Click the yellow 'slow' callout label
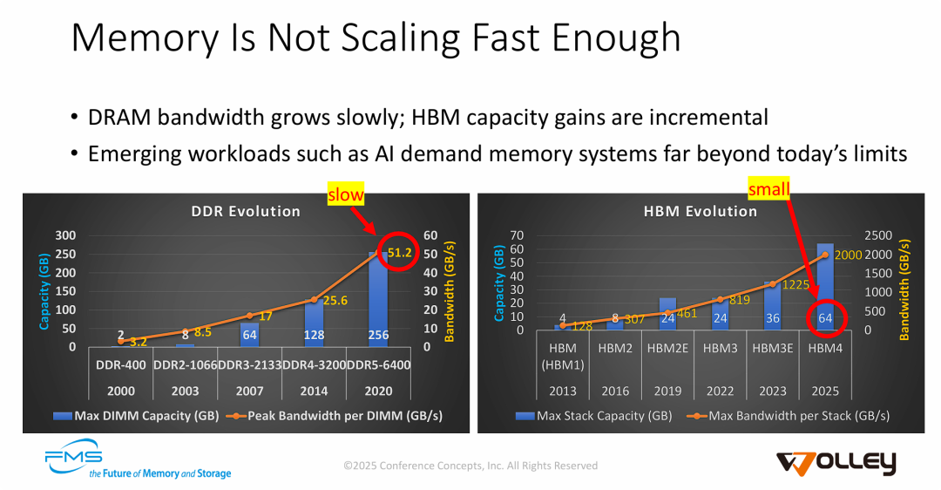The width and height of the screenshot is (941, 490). (x=345, y=195)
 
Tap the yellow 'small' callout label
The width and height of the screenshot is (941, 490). (x=769, y=188)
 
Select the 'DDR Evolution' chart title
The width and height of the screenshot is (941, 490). (x=246, y=211)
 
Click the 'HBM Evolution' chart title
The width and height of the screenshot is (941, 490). (x=701, y=211)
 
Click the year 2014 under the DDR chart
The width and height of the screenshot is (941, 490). (x=314, y=391)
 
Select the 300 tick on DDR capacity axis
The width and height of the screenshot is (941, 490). (x=64, y=235)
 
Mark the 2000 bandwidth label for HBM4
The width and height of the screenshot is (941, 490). (x=849, y=255)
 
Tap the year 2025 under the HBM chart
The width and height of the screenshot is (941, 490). (x=825, y=391)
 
